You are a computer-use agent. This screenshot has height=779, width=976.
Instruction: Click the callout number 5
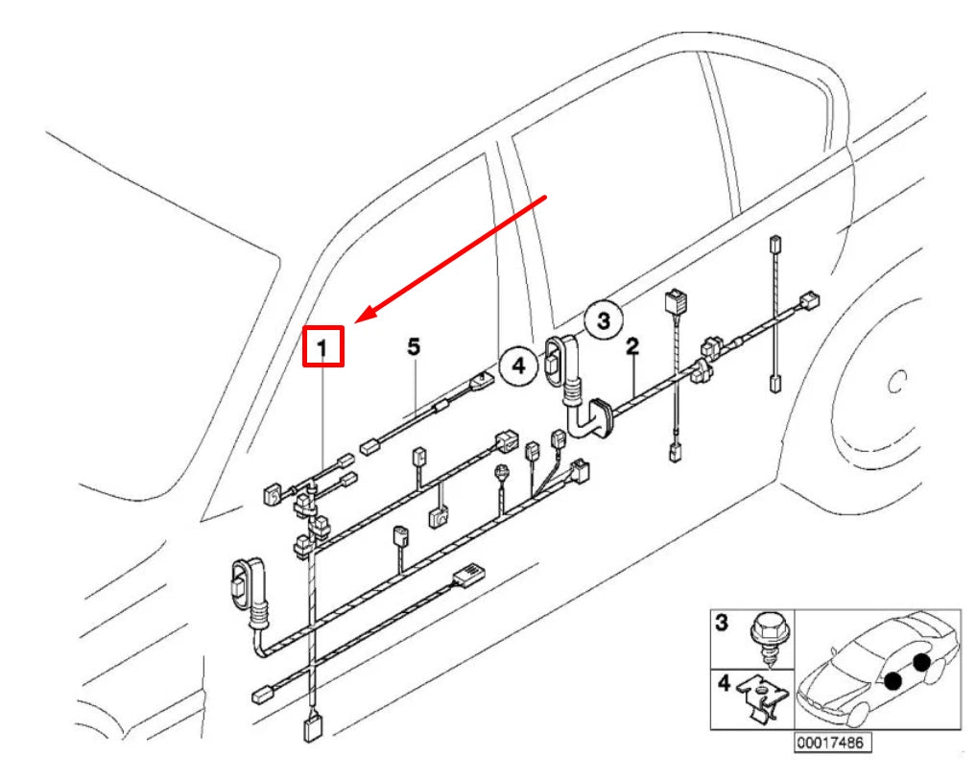pos(414,346)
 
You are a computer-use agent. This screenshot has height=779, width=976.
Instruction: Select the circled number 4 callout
pos(518,365)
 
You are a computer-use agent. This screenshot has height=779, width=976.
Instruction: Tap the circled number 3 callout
pos(604,320)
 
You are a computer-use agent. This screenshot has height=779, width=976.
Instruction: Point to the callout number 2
pos(632,346)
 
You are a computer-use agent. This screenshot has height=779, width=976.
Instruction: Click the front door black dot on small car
pos(892,680)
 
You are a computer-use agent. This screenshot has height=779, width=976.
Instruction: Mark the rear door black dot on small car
pos(920,661)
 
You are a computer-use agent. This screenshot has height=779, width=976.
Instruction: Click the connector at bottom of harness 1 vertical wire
pos(313,728)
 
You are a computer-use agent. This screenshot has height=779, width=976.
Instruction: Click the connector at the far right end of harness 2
pos(809,300)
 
